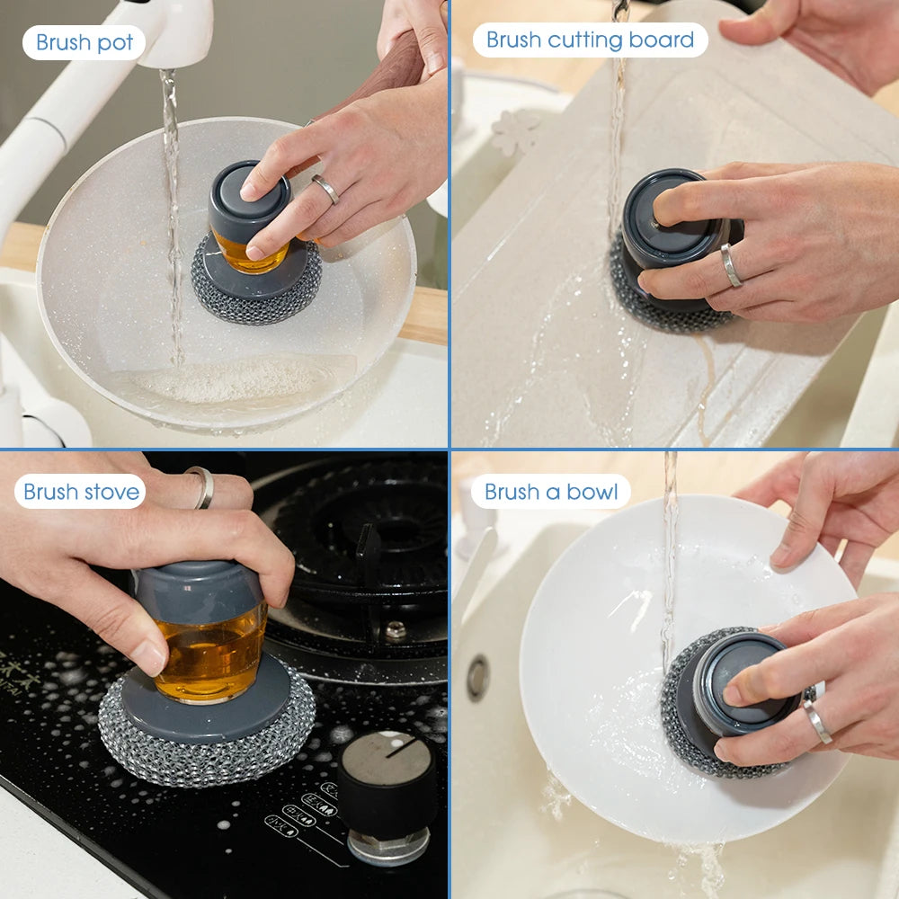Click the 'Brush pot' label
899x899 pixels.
(x=84, y=42)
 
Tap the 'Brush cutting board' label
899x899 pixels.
(x=590, y=40)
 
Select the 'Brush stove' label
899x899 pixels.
(x=81, y=492)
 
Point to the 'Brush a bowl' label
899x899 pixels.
(x=551, y=492)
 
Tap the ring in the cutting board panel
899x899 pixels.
(x=731, y=265)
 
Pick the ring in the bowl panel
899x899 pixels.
(x=817, y=720)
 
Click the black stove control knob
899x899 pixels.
(x=387, y=782)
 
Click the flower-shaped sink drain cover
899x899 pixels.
(x=516, y=132)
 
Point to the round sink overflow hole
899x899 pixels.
(x=478, y=678)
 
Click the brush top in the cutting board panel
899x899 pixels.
(x=670, y=216)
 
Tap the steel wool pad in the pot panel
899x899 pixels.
(x=256, y=301)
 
